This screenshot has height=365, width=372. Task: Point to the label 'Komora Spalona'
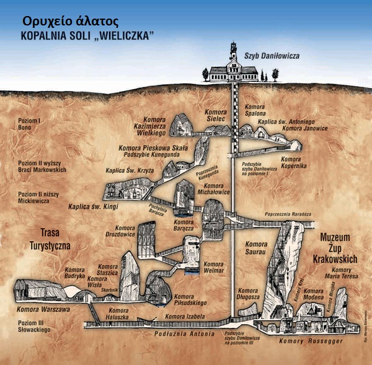255,111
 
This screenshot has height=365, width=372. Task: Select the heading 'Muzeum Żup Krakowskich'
339,248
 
